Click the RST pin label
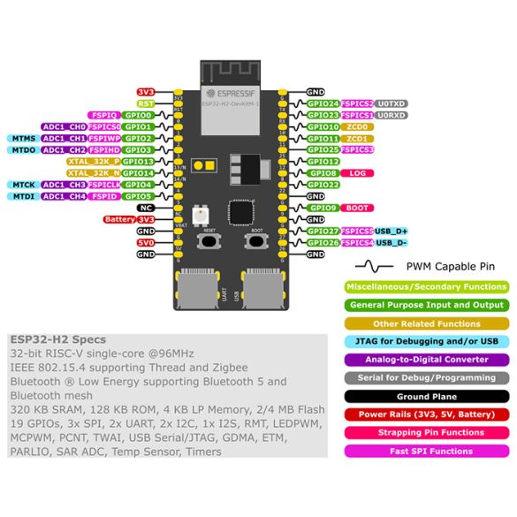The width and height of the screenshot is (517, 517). pos(146,103)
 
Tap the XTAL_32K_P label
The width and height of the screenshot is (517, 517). pos(94,162)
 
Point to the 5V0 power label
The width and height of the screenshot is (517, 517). pos(146,242)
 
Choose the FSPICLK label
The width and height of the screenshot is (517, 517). pos(103,185)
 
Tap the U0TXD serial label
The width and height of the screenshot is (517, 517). pos(392,103)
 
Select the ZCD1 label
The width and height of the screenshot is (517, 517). pos(357,139)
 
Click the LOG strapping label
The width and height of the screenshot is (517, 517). pos(357,173)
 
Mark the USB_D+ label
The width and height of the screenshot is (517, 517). pos(391,231)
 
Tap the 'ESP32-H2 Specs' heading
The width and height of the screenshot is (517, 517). pos(58,338)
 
